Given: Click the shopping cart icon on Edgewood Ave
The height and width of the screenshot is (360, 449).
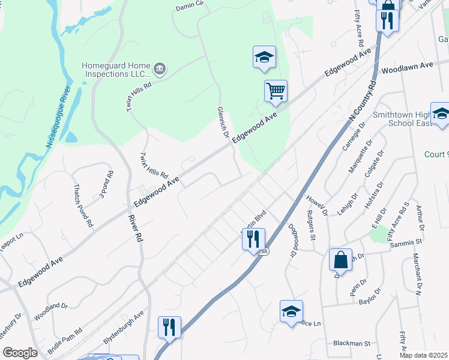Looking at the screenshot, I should (276, 91).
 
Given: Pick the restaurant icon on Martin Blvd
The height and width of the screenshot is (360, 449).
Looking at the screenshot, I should (253, 239).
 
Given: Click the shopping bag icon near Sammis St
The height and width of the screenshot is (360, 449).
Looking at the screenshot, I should (340, 260).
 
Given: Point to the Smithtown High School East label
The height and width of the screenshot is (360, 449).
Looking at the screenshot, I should (408, 118).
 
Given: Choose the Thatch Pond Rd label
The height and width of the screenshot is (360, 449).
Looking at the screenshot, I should (83, 205).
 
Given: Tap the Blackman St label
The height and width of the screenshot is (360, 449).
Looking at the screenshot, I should (352, 343).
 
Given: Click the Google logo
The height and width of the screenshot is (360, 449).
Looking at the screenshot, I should (20, 353).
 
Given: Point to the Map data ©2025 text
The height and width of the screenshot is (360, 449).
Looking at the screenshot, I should (423, 355).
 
